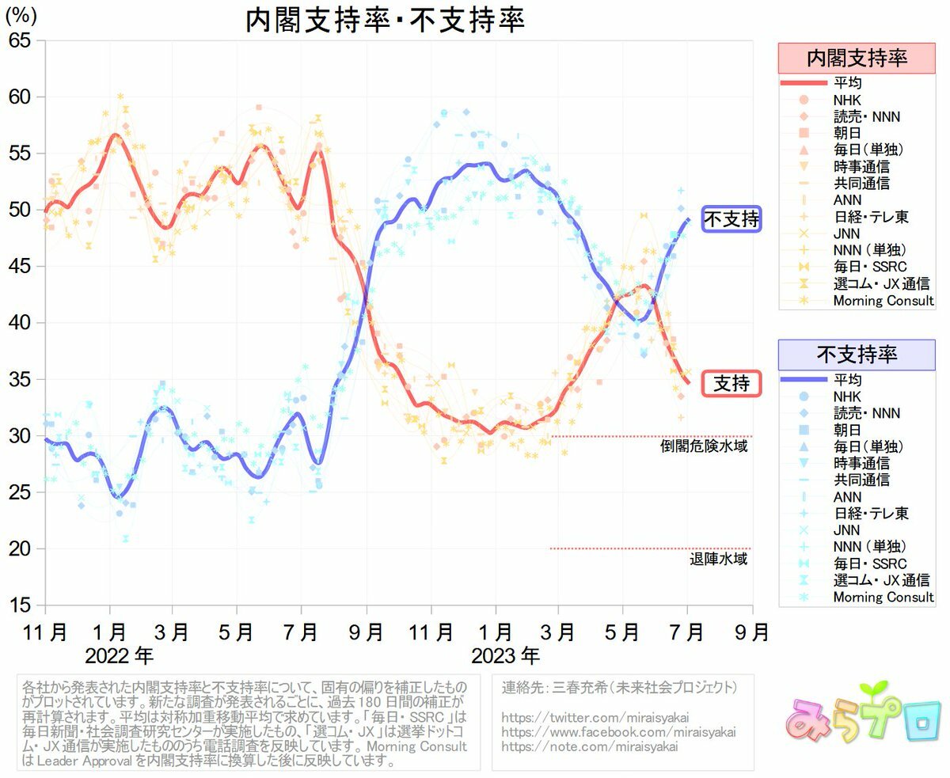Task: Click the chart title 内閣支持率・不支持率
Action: click(385, 21)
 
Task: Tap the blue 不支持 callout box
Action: click(731, 219)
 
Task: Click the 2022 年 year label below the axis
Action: click(120, 656)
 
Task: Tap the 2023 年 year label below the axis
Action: click(506, 656)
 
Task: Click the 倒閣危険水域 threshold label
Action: click(705, 446)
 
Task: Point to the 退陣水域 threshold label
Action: click(719, 560)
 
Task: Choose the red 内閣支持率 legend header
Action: click(856, 58)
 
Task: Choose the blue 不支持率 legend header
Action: click(856, 355)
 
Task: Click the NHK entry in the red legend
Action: click(846, 100)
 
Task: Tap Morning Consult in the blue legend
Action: click(883, 598)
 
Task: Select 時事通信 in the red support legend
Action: click(861, 167)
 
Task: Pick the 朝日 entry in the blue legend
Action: click(846, 430)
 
